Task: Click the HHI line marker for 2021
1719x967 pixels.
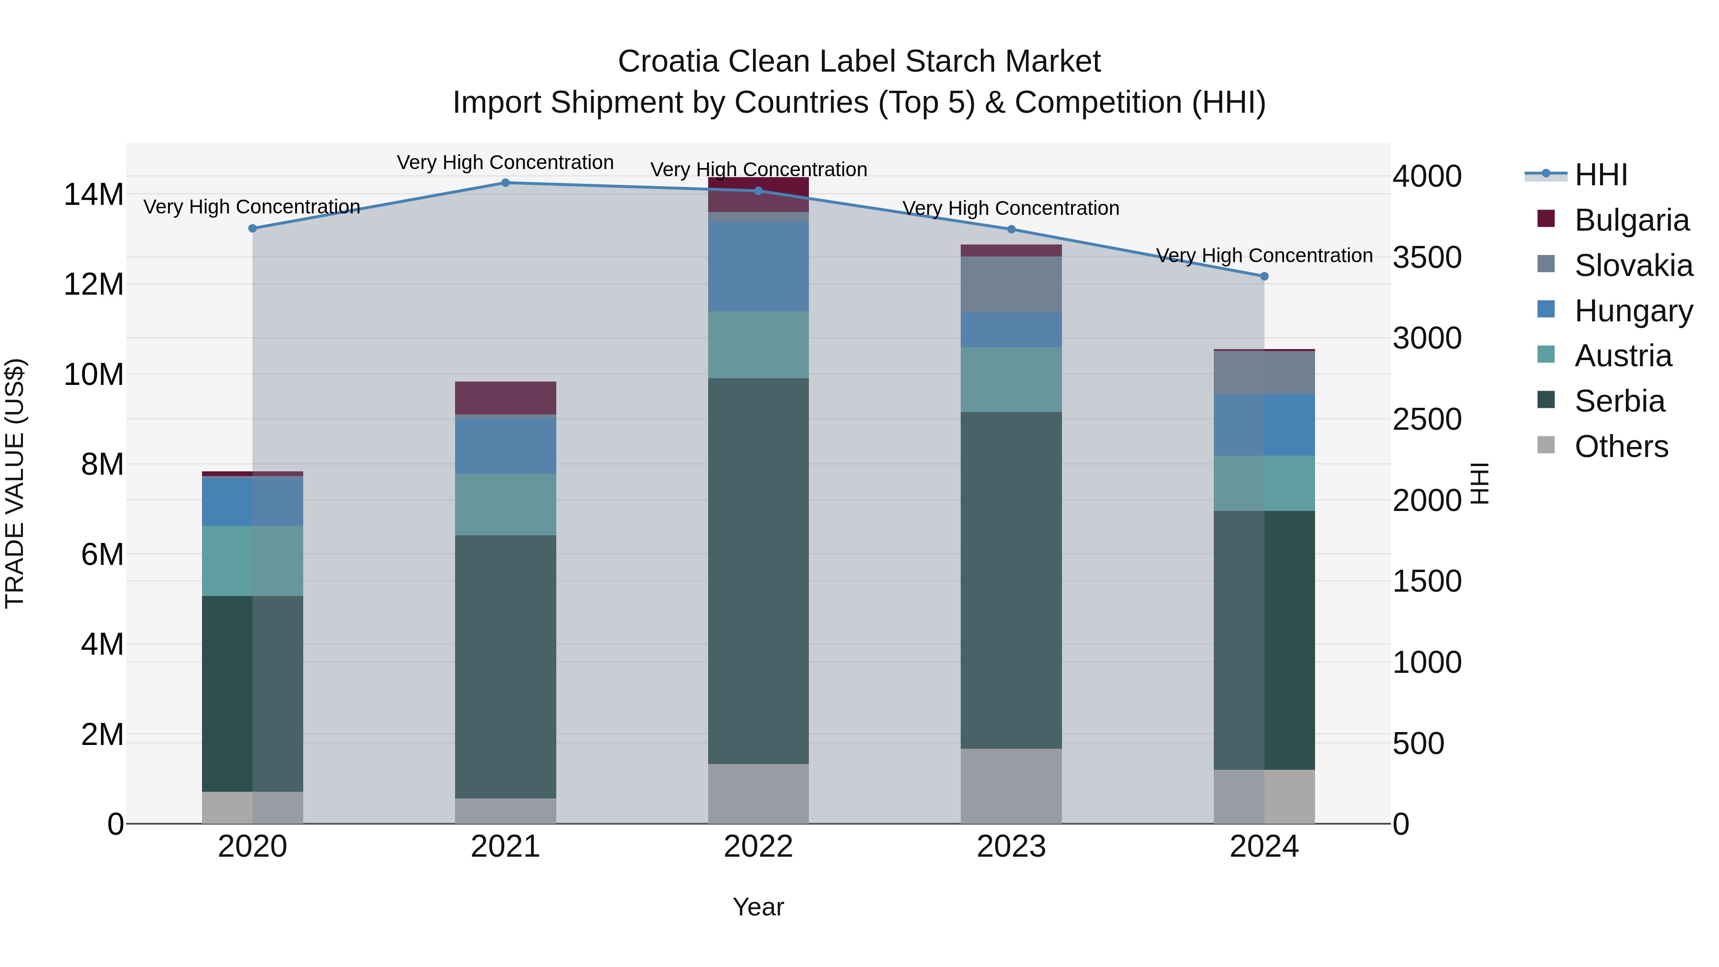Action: [x=505, y=183]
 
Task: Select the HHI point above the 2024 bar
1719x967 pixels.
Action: [x=1264, y=276]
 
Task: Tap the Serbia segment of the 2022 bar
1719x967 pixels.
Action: [x=758, y=571]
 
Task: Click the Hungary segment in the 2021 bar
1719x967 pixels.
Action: [x=505, y=445]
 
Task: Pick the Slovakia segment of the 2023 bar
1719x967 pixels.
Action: [x=1011, y=284]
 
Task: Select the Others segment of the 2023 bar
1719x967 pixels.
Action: [x=1011, y=786]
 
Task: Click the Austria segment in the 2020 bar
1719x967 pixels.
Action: [x=252, y=561]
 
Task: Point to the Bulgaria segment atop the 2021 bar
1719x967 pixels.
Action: [x=505, y=398]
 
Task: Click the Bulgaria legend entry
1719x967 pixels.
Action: [x=1632, y=220]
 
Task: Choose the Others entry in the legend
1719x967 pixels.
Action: [x=1621, y=446]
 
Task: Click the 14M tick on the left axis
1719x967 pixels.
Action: [x=94, y=195]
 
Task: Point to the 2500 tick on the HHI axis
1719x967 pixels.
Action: [x=1427, y=420]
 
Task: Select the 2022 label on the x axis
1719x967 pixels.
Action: [x=758, y=847]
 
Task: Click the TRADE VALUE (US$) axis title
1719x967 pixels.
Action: [x=15, y=483]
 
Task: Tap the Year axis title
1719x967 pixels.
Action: [x=758, y=907]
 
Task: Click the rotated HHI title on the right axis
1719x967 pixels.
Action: [x=1479, y=483]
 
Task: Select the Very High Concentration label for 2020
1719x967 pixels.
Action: [x=252, y=207]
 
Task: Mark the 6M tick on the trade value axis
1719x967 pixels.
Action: [x=102, y=554]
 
